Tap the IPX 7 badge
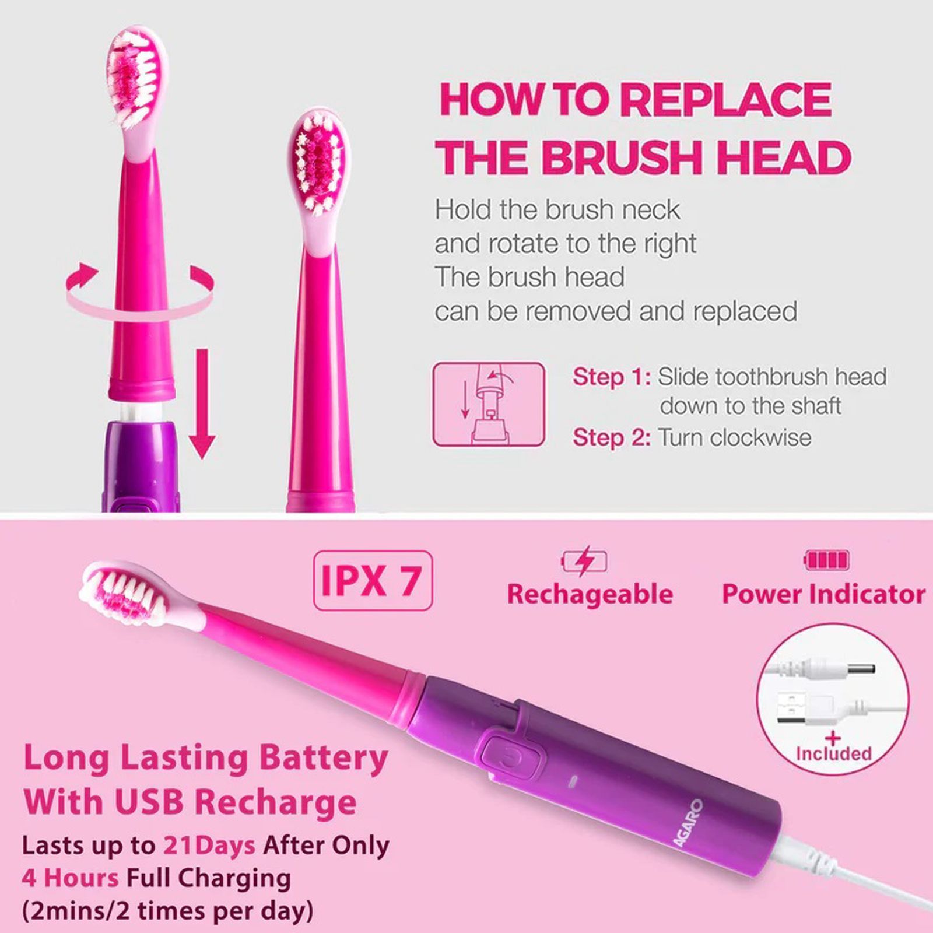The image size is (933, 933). point(373,581)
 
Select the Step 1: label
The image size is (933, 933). point(611,377)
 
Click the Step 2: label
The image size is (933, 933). point(611,437)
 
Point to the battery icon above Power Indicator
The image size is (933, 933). point(826,560)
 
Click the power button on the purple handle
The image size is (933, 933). point(511,759)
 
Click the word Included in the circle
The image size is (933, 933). point(833,753)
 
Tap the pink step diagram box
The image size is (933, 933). point(489,404)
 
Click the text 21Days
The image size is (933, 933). point(209,845)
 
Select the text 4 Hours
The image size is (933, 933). point(70,877)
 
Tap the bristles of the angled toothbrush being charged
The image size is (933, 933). point(122,595)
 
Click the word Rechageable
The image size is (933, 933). point(590,594)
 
